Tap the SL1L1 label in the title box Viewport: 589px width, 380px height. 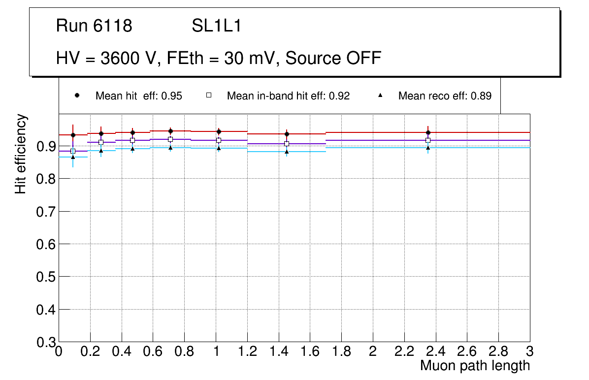click(x=217, y=26)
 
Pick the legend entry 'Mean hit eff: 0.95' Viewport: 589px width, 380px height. click(x=138, y=96)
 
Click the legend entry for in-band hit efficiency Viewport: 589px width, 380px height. click(x=288, y=96)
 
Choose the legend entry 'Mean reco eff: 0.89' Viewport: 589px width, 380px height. click(x=445, y=96)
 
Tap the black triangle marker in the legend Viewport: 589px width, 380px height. click(x=380, y=95)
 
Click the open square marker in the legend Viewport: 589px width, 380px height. click(x=208, y=95)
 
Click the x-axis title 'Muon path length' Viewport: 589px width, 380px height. click(x=475, y=366)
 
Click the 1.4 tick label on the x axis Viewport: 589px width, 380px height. click(x=278, y=352)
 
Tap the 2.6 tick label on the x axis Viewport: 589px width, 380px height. click(x=467, y=352)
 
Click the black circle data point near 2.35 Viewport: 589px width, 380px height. click(x=428, y=132)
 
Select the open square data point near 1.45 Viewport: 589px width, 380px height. click(x=287, y=144)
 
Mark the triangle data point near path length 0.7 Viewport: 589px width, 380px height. click(x=170, y=148)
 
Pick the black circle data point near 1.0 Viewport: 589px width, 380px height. click(x=219, y=131)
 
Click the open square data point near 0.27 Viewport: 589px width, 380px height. click(x=101, y=142)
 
